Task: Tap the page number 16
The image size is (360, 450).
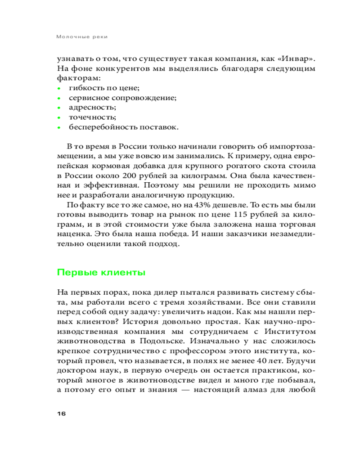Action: pyautogui.click(x=61, y=414)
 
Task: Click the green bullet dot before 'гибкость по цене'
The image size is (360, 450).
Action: pyautogui.click(x=58, y=88)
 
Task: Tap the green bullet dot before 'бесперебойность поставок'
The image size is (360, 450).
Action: pyautogui.click(x=58, y=127)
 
